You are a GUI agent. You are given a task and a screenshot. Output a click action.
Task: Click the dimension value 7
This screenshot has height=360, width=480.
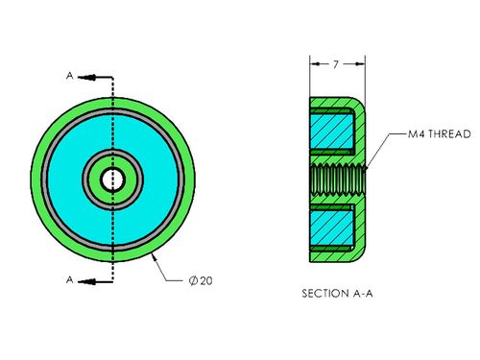click(335, 64)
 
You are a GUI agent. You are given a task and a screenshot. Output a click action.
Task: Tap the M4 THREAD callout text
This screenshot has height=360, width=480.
click(440, 133)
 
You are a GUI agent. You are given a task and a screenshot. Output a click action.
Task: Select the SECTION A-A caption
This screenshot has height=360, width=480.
click(337, 293)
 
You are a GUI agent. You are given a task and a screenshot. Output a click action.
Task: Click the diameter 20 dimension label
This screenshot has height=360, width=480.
click(201, 280)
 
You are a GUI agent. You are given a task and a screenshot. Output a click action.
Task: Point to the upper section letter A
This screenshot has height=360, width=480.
click(70, 76)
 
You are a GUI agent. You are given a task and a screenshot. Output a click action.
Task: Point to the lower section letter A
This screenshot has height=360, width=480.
click(70, 279)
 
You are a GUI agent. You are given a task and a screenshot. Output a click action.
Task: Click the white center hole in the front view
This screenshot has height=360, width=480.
click(112, 180)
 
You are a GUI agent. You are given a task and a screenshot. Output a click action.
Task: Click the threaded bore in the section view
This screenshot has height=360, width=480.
click(338, 180)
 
